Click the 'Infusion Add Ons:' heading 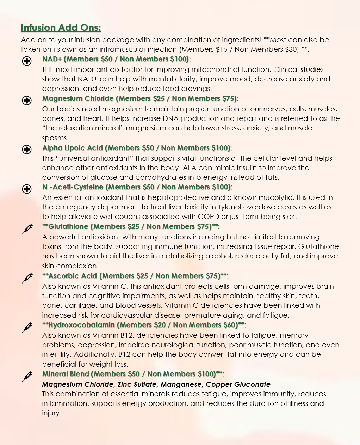[x=61, y=28]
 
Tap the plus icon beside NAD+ [x=27, y=61]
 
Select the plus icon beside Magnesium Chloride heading [x=27, y=100]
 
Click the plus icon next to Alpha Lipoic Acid [x=27, y=150]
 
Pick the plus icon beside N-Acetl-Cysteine [x=27, y=189]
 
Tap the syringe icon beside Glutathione [x=27, y=229]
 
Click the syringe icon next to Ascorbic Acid [x=27, y=278]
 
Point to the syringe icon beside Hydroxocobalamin [x=27, y=327]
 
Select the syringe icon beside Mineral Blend [x=27, y=376]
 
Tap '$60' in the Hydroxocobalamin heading [x=230, y=325]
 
